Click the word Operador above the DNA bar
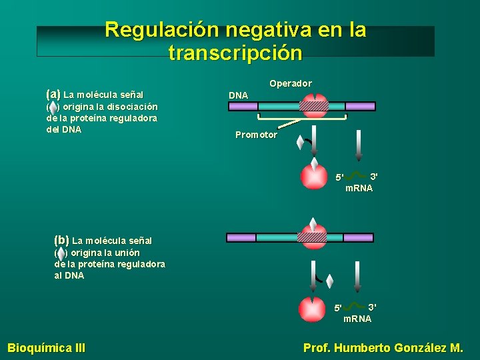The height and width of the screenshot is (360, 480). pyautogui.click(x=290, y=83)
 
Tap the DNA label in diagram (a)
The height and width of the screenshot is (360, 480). pyautogui.click(x=238, y=95)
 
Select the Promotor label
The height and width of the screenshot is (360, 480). pyautogui.click(x=256, y=135)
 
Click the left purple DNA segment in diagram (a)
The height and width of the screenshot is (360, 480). pyautogui.click(x=243, y=106)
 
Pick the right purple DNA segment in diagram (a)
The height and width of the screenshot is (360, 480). pyautogui.click(x=360, y=106)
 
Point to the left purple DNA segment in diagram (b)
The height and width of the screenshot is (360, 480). pyautogui.click(x=241, y=237)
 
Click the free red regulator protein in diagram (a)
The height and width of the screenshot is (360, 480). pyautogui.click(x=314, y=175)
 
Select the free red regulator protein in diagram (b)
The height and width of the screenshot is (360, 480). pyautogui.click(x=312, y=310)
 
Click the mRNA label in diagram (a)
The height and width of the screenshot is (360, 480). pyautogui.click(x=359, y=189)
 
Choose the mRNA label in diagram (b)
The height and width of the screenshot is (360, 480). pyautogui.click(x=357, y=319)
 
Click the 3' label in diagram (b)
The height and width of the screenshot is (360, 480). pyautogui.click(x=372, y=307)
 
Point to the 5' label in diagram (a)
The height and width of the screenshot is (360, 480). pyautogui.click(x=339, y=177)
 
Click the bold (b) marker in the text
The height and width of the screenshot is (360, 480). pyautogui.click(x=61, y=239)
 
